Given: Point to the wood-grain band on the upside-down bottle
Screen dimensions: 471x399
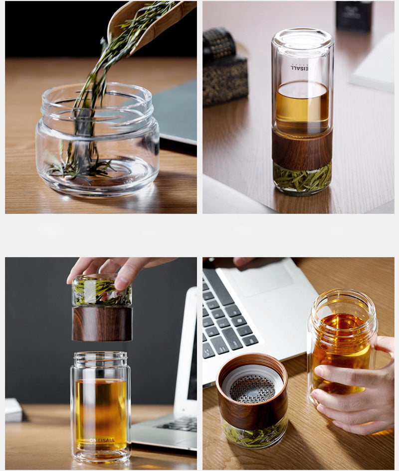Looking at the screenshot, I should click(302, 149).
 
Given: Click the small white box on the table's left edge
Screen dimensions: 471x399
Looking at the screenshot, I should click(13, 410).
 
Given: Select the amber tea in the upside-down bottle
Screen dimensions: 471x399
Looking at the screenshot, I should click(302, 107).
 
